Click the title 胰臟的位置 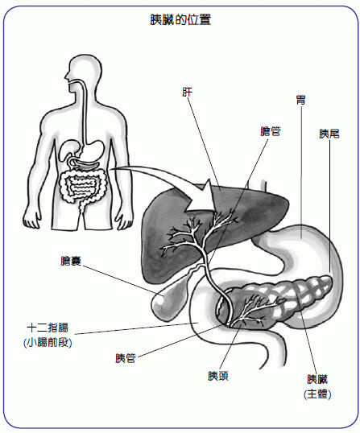pos(180,20)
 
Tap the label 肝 pos(187,93)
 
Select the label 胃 pos(300,100)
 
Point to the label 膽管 pos(271,131)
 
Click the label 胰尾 pos(329,134)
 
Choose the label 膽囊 pos(70,261)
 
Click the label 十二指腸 pos(48,328)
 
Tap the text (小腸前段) pos(48,343)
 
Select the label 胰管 pos(125,358)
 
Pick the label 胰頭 pos(218,376)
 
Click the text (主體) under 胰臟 pos(317,394)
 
